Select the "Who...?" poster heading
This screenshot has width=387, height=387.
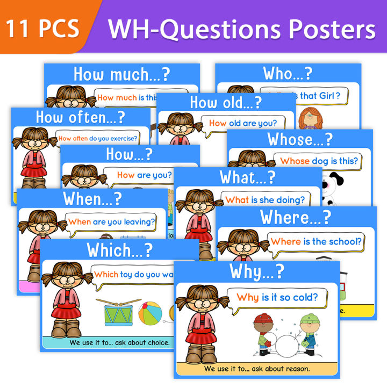click(x=288, y=73)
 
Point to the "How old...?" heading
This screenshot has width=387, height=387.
click(x=226, y=102)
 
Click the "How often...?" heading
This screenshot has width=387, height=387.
click(x=80, y=117)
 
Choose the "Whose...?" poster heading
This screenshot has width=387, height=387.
click(x=300, y=139)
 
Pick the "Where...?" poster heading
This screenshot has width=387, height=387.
click(x=296, y=217)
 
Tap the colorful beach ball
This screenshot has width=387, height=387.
click(x=151, y=312)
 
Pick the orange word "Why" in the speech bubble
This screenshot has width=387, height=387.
click(x=248, y=297)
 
